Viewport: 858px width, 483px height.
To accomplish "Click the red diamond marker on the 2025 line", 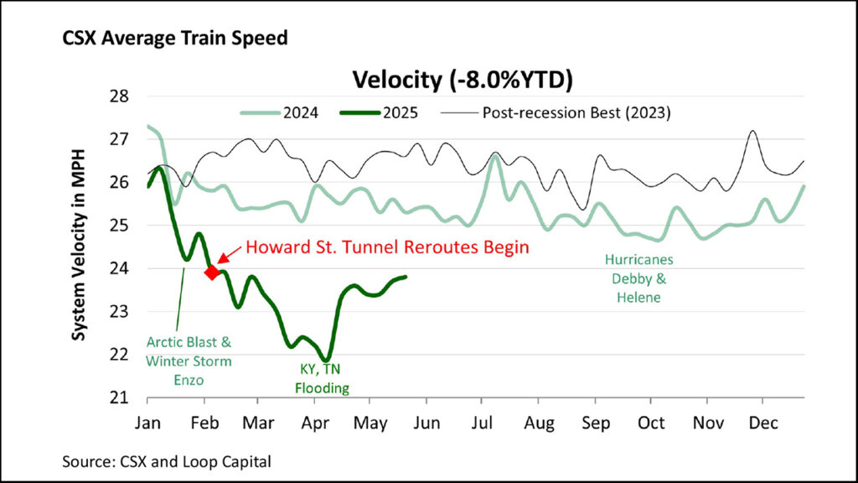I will [x=212, y=271].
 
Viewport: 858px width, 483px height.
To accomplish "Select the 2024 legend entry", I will [x=284, y=112].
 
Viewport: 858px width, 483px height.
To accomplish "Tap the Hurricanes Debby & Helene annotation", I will [x=634, y=278].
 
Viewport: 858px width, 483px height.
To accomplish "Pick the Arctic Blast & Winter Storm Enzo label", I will [x=188, y=361].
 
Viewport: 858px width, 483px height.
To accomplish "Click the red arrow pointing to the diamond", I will [x=227, y=257].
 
